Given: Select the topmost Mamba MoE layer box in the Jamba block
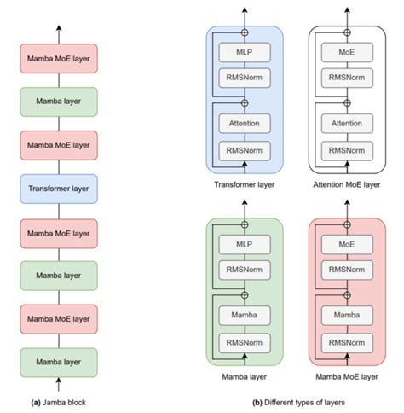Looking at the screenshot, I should coord(59,60).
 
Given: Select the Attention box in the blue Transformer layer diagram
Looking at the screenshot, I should coord(245,124).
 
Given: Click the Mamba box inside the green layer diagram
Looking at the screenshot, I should coord(245,315).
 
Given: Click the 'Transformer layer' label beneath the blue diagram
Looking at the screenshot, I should coord(244,183).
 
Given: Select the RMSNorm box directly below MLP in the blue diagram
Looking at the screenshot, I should coord(245,79).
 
